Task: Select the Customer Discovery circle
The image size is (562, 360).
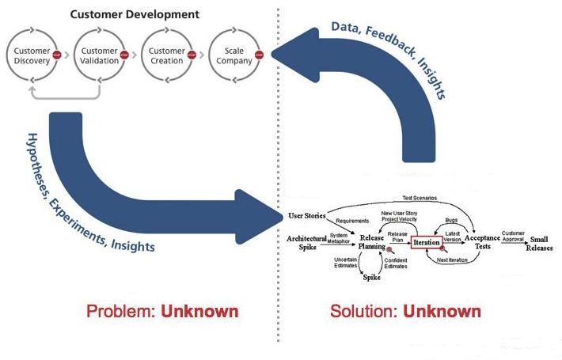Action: coord(32,55)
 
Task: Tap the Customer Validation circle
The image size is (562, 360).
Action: coord(100,55)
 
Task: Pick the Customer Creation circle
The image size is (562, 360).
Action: coord(166,55)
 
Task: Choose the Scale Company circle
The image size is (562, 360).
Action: coord(234,55)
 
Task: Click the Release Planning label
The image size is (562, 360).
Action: coord(371,241)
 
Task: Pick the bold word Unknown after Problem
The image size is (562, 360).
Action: coord(199,310)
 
